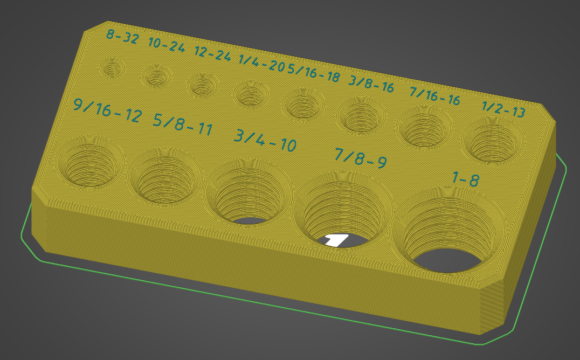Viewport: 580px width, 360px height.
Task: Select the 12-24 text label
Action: pyautogui.click(x=212, y=54)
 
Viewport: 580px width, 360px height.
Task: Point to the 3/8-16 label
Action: pyautogui.click(x=371, y=84)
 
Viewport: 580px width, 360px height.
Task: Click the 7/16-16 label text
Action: pyautogui.click(x=434, y=96)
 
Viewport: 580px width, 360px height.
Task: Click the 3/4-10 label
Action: pyautogui.click(x=265, y=141)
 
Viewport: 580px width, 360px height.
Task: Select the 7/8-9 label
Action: pyautogui.click(x=360, y=158)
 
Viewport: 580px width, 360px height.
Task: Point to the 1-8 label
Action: pyautogui.click(x=466, y=178)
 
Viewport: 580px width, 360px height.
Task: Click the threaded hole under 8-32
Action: pyautogui.click(x=113, y=68)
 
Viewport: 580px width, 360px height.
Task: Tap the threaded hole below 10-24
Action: pyautogui.click(x=156, y=77)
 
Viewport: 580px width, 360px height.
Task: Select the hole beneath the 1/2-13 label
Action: pyautogui.click(x=493, y=142)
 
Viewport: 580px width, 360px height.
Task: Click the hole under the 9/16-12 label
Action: pyautogui.click(x=89, y=161)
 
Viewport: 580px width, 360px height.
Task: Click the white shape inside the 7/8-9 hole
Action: pyautogui.click(x=337, y=240)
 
